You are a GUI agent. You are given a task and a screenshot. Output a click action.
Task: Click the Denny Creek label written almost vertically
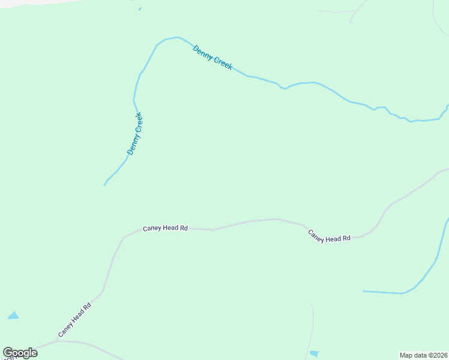(x=134, y=134)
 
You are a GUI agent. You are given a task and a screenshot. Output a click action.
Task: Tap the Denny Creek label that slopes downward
(x=212, y=58)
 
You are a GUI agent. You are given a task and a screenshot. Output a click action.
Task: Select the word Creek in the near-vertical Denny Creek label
(x=137, y=123)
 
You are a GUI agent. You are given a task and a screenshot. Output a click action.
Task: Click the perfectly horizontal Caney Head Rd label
(x=165, y=228)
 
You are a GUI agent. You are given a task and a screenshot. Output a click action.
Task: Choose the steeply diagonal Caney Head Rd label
(x=74, y=319)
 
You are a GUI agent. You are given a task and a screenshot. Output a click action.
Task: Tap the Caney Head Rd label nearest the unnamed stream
(x=329, y=236)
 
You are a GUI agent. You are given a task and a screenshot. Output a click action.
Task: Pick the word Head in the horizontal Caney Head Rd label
(x=167, y=228)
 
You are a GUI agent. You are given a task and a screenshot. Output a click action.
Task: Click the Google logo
(x=20, y=353)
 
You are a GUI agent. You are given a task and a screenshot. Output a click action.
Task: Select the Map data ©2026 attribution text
(x=423, y=355)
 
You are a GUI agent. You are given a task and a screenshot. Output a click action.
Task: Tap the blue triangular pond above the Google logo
(x=13, y=316)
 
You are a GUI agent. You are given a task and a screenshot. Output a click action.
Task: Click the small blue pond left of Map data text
(x=314, y=354)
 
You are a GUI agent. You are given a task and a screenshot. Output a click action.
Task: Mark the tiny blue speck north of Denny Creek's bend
(x=140, y=9)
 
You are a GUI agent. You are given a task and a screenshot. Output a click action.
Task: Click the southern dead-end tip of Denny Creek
(x=104, y=185)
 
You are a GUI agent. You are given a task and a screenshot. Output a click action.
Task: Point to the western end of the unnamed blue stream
(x=364, y=292)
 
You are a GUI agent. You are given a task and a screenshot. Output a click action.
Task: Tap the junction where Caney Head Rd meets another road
(x=57, y=341)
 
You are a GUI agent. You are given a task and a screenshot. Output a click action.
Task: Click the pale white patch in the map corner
(x=24, y=3)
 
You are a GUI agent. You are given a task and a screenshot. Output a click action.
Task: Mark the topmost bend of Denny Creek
(x=175, y=37)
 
